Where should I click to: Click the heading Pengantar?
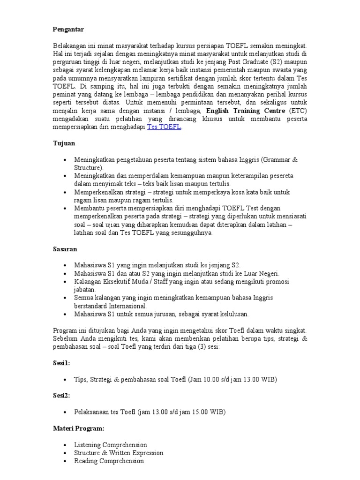(x=68, y=30)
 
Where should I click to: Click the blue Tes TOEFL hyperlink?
(x=164, y=127)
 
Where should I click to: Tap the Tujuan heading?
(x=64, y=143)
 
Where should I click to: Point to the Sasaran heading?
(x=65, y=248)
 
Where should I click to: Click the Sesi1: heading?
(x=61, y=363)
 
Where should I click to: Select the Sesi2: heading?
(x=61, y=396)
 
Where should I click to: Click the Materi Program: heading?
(x=78, y=428)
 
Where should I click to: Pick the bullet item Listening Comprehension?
(x=110, y=445)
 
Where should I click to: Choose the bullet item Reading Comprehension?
(x=109, y=461)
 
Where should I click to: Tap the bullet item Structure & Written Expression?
(x=119, y=453)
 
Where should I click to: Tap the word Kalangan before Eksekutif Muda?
(x=89, y=282)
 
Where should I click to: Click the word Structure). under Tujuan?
(x=88, y=167)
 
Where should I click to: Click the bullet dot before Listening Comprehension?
(x=64, y=445)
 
